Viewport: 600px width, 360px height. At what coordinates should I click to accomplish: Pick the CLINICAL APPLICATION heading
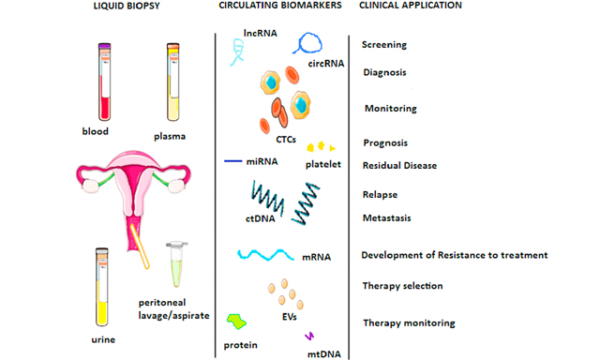(x=410, y=6)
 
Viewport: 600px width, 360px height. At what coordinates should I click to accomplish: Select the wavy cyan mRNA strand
(x=272, y=254)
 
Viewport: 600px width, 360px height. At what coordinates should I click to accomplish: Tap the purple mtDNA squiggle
(x=309, y=336)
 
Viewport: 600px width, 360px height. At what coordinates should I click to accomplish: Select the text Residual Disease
(x=401, y=166)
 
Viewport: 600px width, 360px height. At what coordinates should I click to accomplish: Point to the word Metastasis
(x=387, y=217)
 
